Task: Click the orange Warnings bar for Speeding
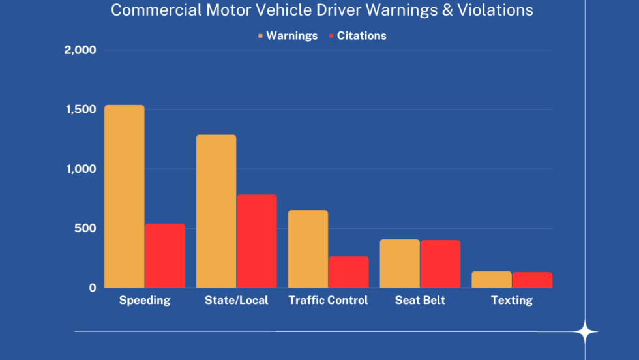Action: click(x=125, y=196)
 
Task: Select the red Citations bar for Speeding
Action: click(x=165, y=256)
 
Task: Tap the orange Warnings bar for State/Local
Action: click(x=216, y=211)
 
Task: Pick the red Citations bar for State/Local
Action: click(x=257, y=241)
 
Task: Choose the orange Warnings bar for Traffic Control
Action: click(x=308, y=249)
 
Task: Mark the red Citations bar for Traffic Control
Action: click(x=348, y=272)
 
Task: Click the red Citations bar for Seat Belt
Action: click(x=440, y=264)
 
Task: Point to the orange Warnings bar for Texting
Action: click(x=492, y=280)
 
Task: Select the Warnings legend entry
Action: click(x=288, y=36)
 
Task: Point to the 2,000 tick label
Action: click(x=80, y=50)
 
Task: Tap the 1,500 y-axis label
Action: click(x=80, y=110)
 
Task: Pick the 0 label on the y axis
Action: click(x=92, y=288)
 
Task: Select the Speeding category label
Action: click(x=145, y=301)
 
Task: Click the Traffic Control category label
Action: click(x=328, y=301)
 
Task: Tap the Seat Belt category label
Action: click(x=420, y=301)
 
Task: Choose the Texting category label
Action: click(x=512, y=301)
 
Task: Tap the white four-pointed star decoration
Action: click(x=585, y=333)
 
